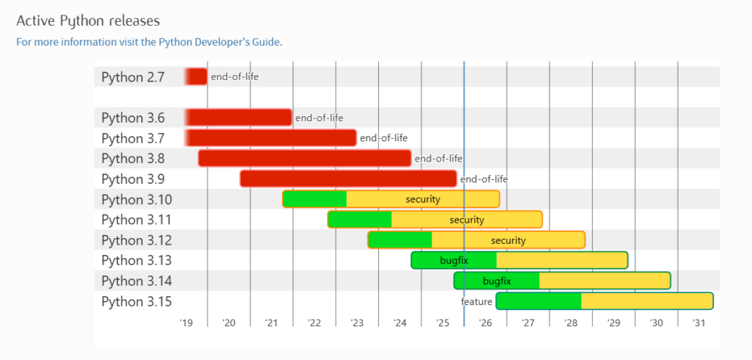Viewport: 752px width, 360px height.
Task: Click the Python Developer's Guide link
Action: click(218, 42)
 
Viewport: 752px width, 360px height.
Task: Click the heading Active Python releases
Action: click(88, 20)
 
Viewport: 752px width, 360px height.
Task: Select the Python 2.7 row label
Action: click(133, 76)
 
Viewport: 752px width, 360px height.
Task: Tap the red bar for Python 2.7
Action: click(196, 76)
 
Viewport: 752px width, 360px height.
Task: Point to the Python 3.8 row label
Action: click(133, 159)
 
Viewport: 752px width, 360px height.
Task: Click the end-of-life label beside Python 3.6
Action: click(319, 118)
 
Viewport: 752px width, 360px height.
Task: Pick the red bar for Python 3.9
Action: click(348, 179)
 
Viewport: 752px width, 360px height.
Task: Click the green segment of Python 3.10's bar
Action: click(314, 199)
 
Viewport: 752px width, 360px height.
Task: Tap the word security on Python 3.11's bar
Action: click(467, 220)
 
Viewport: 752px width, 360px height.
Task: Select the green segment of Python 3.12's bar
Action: click(399, 240)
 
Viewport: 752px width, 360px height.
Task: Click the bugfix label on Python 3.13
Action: click(454, 260)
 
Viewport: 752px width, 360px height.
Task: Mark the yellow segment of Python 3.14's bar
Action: click(604, 281)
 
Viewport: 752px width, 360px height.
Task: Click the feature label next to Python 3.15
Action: click(477, 302)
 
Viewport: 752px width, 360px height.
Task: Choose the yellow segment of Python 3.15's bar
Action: click(647, 301)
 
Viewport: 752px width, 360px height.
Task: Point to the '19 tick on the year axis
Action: click(186, 323)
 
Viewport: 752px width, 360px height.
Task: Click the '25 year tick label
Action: click(442, 323)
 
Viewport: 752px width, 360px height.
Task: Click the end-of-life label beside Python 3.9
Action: click(484, 179)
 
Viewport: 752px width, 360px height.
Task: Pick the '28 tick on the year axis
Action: click(571, 323)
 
